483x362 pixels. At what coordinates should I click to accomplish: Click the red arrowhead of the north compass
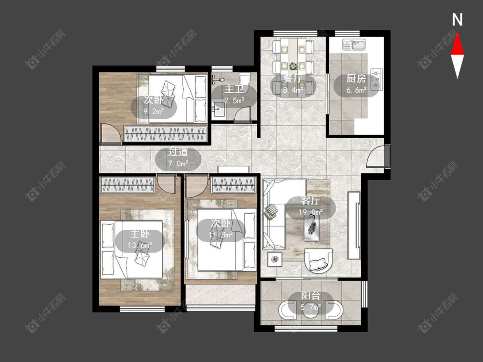click(x=457, y=45)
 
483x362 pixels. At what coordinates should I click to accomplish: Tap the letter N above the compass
click(x=457, y=20)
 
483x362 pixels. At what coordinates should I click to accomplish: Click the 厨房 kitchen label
click(x=356, y=79)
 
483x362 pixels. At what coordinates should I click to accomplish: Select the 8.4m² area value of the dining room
click(x=293, y=90)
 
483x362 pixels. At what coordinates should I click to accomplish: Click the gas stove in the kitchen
click(x=377, y=79)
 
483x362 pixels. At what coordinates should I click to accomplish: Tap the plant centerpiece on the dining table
click(x=292, y=66)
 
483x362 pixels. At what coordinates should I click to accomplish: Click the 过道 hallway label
click(x=178, y=152)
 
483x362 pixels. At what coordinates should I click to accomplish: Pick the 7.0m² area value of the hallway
click(x=178, y=163)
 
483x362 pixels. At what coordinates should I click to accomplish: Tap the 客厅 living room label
click(x=310, y=201)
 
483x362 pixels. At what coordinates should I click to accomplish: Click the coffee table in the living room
click(x=312, y=227)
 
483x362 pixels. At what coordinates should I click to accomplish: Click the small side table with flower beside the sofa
click(x=274, y=259)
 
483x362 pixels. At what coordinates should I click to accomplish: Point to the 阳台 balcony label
click(x=310, y=296)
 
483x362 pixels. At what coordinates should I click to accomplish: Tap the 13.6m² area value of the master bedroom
click(x=140, y=245)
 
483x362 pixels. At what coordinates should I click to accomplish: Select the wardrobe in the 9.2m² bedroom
click(x=165, y=134)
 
